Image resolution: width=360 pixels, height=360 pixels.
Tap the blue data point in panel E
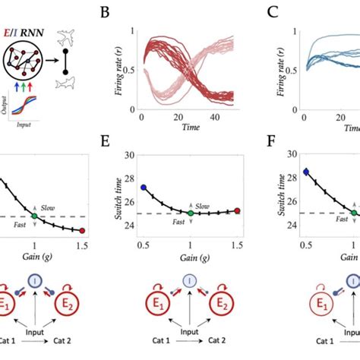pos(144,187)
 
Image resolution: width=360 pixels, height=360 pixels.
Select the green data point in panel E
pos(191,213)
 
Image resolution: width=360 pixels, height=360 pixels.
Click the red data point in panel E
pos(237,211)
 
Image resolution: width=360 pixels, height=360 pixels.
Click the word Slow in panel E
pos(203,206)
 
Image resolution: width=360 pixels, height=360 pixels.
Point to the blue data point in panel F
pos(305,172)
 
